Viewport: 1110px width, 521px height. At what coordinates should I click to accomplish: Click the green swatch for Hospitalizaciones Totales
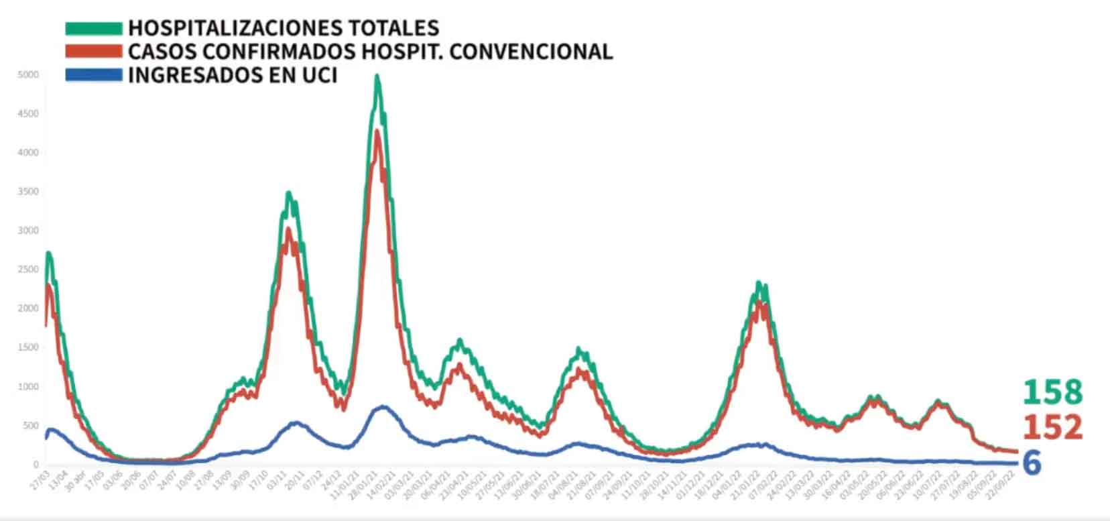pyautogui.click(x=93, y=28)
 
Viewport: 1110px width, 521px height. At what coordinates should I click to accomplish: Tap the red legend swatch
pyautogui.click(x=93, y=51)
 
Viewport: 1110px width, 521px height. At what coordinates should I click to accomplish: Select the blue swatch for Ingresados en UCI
pyautogui.click(x=93, y=74)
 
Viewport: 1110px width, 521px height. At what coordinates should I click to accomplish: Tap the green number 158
pyautogui.click(x=1052, y=392)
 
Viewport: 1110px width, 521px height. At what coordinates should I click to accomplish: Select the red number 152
pyautogui.click(x=1052, y=427)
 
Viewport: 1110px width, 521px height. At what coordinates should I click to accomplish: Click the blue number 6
pyautogui.click(x=1032, y=463)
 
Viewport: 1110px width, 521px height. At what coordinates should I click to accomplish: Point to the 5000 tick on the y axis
pyautogui.click(x=28, y=74)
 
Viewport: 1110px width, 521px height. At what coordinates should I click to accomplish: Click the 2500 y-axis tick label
pyautogui.click(x=28, y=270)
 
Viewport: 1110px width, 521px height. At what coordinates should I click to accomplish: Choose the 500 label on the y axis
pyautogui.click(x=30, y=426)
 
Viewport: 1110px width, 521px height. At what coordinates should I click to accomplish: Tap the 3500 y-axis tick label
pyautogui.click(x=28, y=192)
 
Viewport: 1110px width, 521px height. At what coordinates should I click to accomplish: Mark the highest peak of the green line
pyautogui.click(x=377, y=76)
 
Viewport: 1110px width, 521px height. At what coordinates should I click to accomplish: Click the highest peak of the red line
pyautogui.click(x=377, y=131)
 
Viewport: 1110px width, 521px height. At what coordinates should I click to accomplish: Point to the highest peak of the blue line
pyautogui.click(x=383, y=406)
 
